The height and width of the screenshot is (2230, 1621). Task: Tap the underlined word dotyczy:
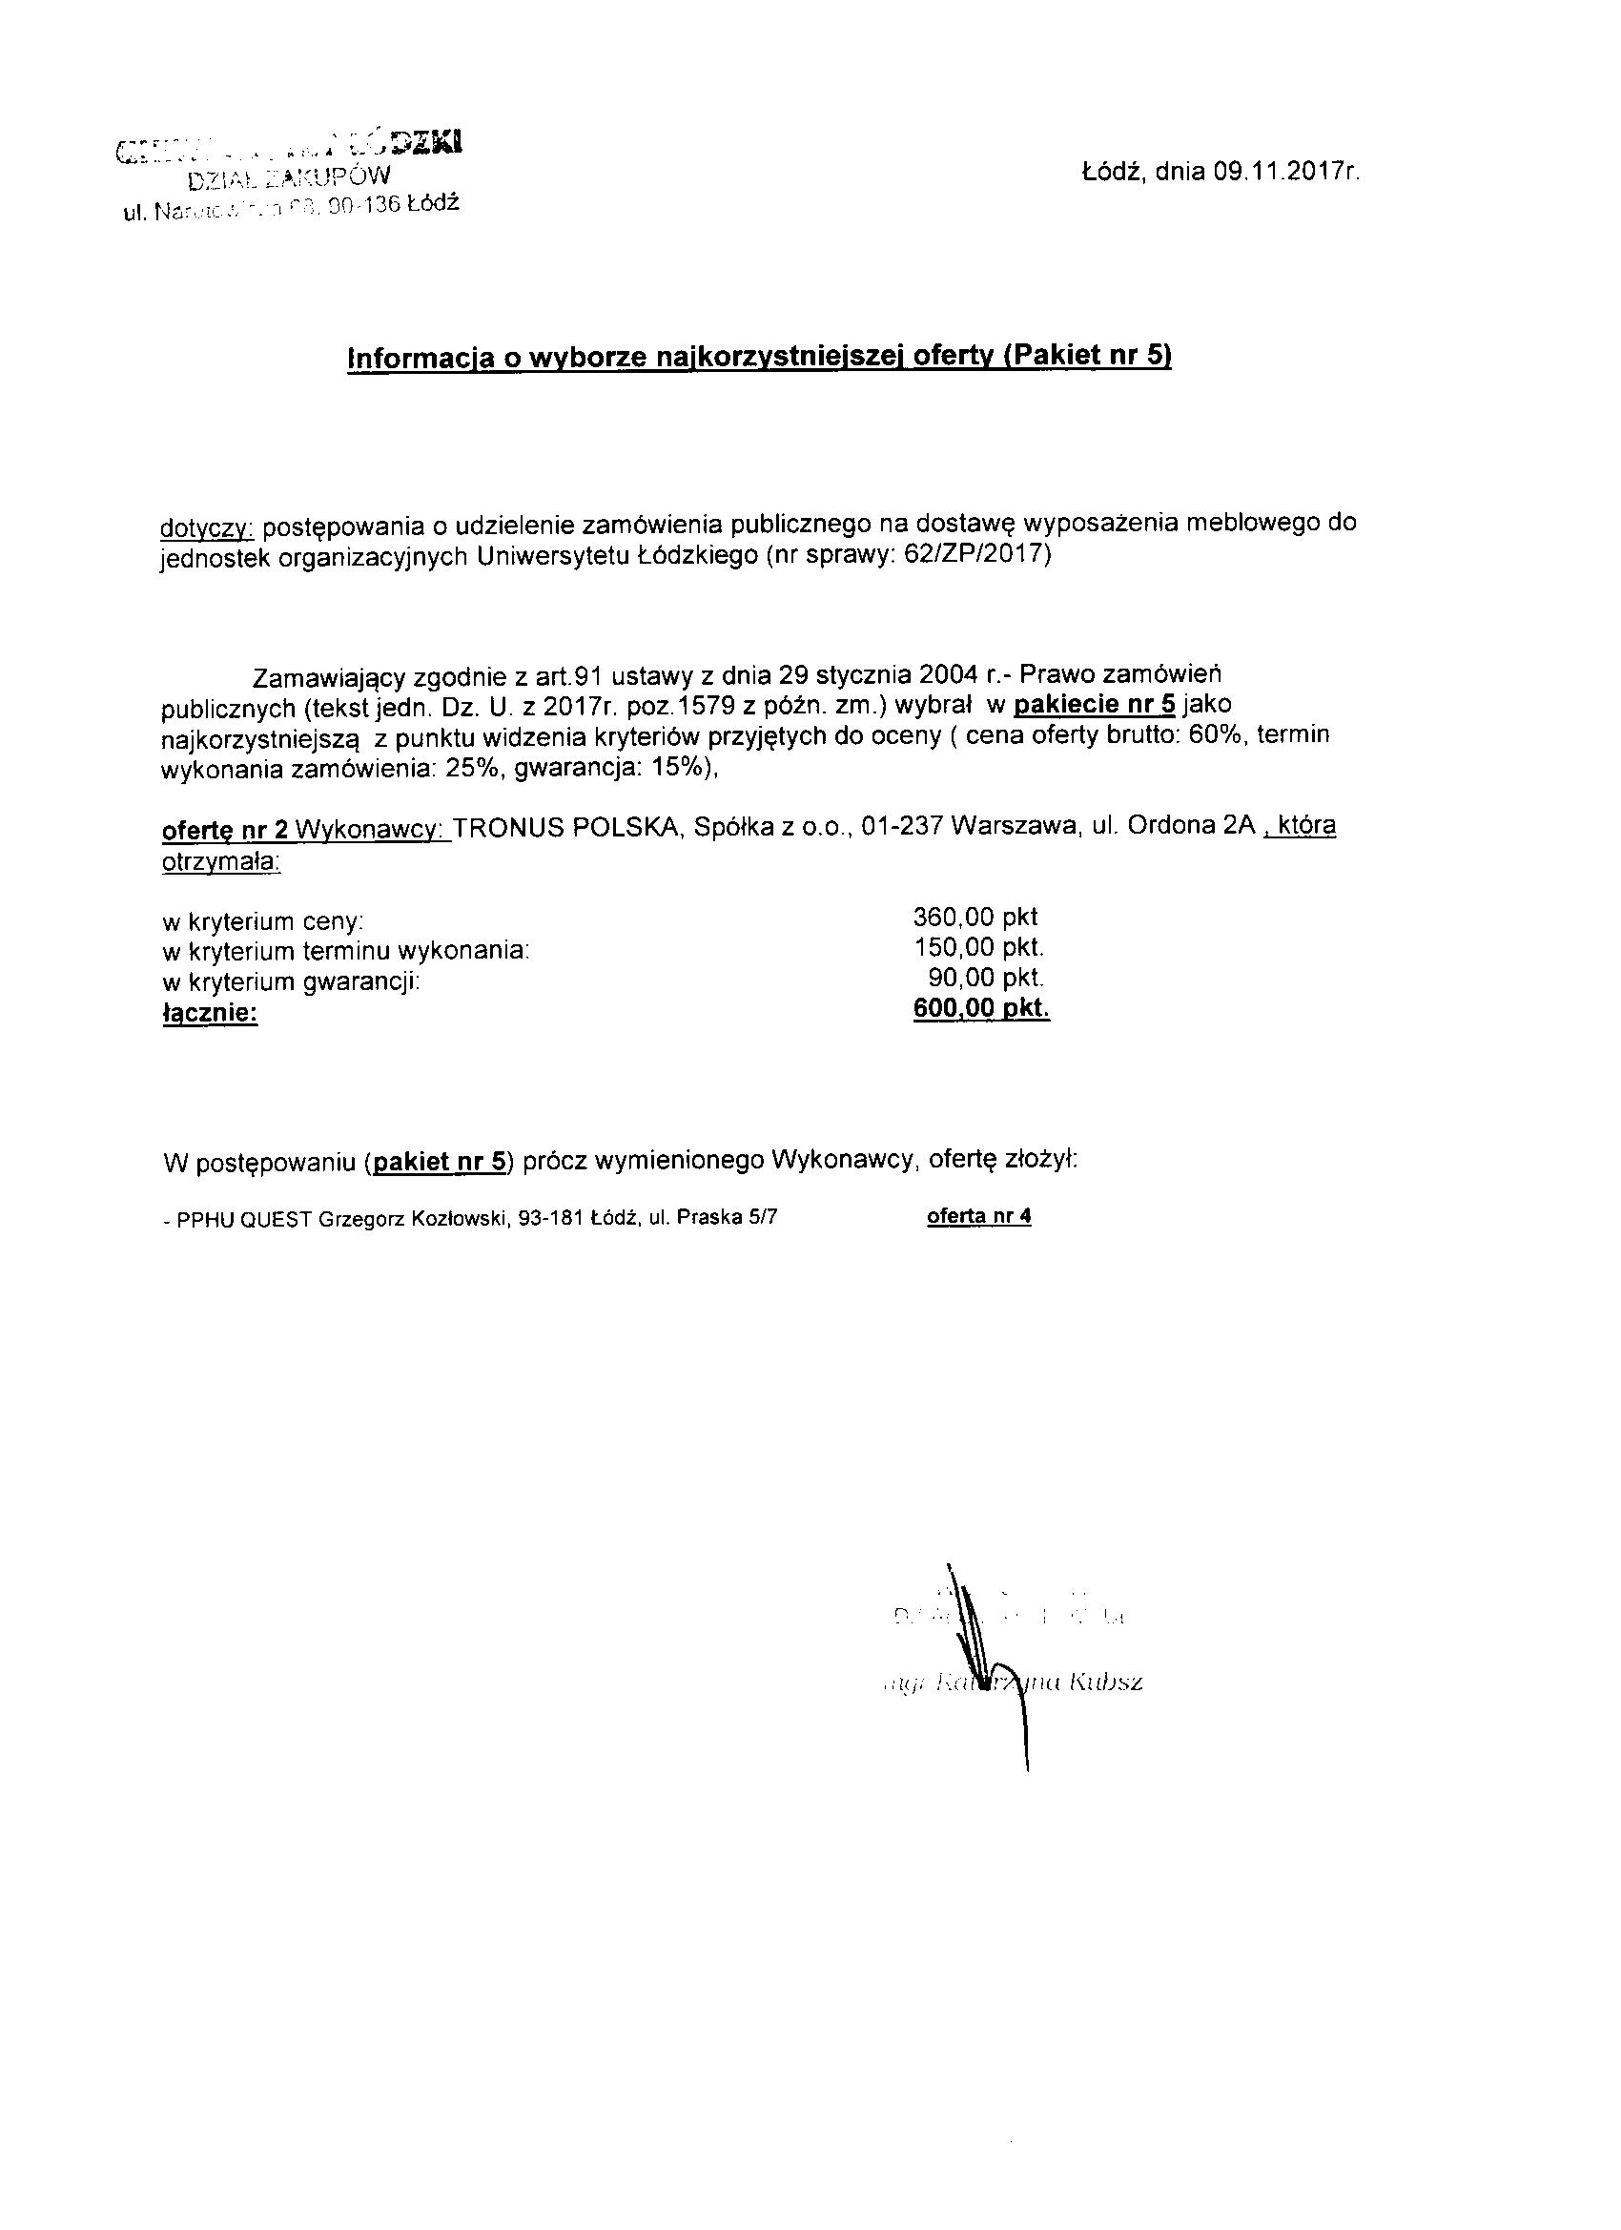pos(206,527)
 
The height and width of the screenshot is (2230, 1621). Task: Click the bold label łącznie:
pos(211,1013)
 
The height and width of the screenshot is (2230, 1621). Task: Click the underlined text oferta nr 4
pos(979,1216)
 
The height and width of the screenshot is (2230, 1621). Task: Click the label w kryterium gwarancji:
pos(291,982)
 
